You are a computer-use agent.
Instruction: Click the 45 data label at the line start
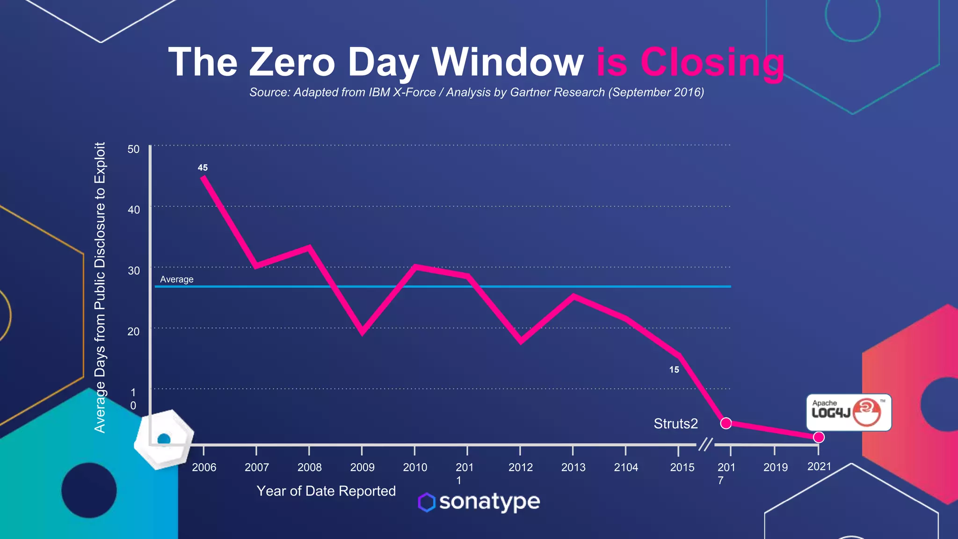203,168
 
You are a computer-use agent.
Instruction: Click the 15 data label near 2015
674,370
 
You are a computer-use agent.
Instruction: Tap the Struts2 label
675,423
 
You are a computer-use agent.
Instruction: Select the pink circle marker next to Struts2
726,423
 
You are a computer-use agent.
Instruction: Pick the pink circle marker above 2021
819,437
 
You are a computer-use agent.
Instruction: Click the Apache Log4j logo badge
849,412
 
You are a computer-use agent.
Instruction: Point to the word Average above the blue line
176,279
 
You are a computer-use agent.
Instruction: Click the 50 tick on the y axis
133,149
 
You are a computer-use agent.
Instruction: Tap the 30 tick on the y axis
133,271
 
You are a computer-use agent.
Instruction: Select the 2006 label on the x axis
204,467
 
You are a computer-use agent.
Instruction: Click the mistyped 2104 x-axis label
626,467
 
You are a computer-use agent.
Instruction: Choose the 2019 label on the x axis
776,467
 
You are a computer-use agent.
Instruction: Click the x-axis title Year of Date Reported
326,491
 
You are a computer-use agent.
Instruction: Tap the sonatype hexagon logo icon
427,503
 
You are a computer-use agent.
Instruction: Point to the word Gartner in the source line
532,92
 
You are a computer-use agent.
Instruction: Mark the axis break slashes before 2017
705,444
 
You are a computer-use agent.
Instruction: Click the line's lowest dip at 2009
363,332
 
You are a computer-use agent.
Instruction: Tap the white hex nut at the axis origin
164,439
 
